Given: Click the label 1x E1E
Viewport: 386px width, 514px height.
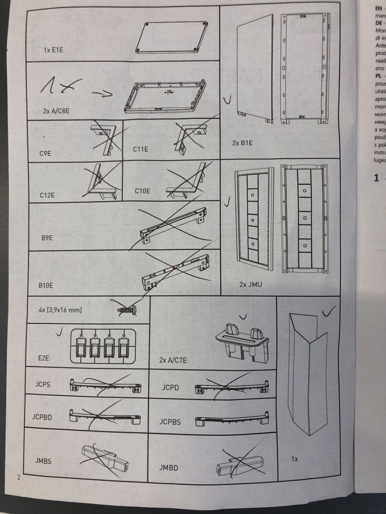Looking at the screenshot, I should (x=54, y=50).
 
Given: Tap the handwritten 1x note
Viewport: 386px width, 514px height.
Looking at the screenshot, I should (x=58, y=86).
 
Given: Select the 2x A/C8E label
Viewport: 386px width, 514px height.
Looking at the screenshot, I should (x=56, y=111).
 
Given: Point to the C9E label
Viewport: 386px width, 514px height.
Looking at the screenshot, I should (x=45, y=153).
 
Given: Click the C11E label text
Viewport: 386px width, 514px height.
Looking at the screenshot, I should (x=140, y=149).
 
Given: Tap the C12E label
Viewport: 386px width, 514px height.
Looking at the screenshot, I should (x=47, y=195).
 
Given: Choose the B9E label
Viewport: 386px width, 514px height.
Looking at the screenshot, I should (x=47, y=238).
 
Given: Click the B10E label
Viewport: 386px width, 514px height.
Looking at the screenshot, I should (x=46, y=285).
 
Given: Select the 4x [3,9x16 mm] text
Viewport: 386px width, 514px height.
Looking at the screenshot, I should (x=60, y=310).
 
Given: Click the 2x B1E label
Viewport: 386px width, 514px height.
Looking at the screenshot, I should (x=242, y=143).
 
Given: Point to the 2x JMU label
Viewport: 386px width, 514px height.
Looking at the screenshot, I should (x=250, y=284).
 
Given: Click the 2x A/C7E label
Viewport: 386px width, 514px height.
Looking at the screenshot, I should (x=173, y=360).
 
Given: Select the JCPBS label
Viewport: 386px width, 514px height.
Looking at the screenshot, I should (x=170, y=422).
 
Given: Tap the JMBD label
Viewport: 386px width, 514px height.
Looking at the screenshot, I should (x=168, y=468).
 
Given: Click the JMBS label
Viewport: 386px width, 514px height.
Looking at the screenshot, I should (x=43, y=461).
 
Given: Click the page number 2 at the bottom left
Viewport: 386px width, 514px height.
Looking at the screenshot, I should (x=18, y=477).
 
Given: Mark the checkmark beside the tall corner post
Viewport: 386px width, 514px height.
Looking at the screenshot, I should (x=328, y=312).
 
